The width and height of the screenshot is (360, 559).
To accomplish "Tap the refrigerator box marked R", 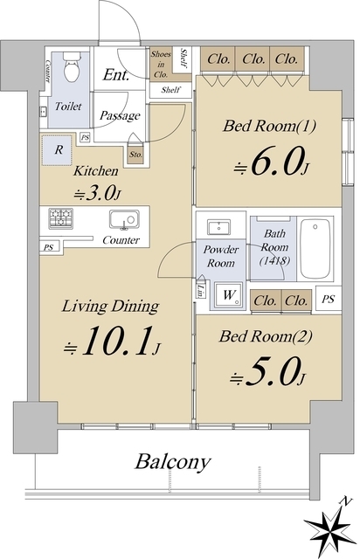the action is pyautogui.click(x=59, y=149).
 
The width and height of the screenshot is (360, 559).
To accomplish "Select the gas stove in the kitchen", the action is pyautogui.click(x=60, y=218).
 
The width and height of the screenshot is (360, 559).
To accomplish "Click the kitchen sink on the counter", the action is pyautogui.click(x=124, y=219).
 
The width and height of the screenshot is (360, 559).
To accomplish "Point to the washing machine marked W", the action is pyautogui.click(x=229, y=295).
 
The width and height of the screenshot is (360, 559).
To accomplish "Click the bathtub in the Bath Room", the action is pyautogui.click(x=315, y=248).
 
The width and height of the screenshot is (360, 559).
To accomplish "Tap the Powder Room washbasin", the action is pyautogui.click(x=218, y=227).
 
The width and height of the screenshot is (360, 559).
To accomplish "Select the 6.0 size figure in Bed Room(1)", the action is pyautogui.click(x=271, y=162).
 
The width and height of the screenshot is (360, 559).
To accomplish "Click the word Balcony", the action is pyautogui.click(x=172, y=462).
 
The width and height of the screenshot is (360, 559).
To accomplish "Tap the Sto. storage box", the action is pyautogui.click(x=135, y=155).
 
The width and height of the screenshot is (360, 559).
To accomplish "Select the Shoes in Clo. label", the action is pyautogui.click(x=161, y=64).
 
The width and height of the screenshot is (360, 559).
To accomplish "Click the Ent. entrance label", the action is pyautogui.click(x=116, y=75).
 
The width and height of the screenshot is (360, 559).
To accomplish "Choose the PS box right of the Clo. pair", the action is pyautogui.click(x=328, y=299).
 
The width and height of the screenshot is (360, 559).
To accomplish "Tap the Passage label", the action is pyautogui.click(x=120, y=115).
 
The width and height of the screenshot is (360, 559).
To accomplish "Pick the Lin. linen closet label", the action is pyautogui.click(x=201, y=289).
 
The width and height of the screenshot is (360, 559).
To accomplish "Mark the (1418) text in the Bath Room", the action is pyautogui.click(x=274, y=261).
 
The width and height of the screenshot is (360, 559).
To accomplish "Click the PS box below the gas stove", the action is pyautogui.click(x=49, y=246).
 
